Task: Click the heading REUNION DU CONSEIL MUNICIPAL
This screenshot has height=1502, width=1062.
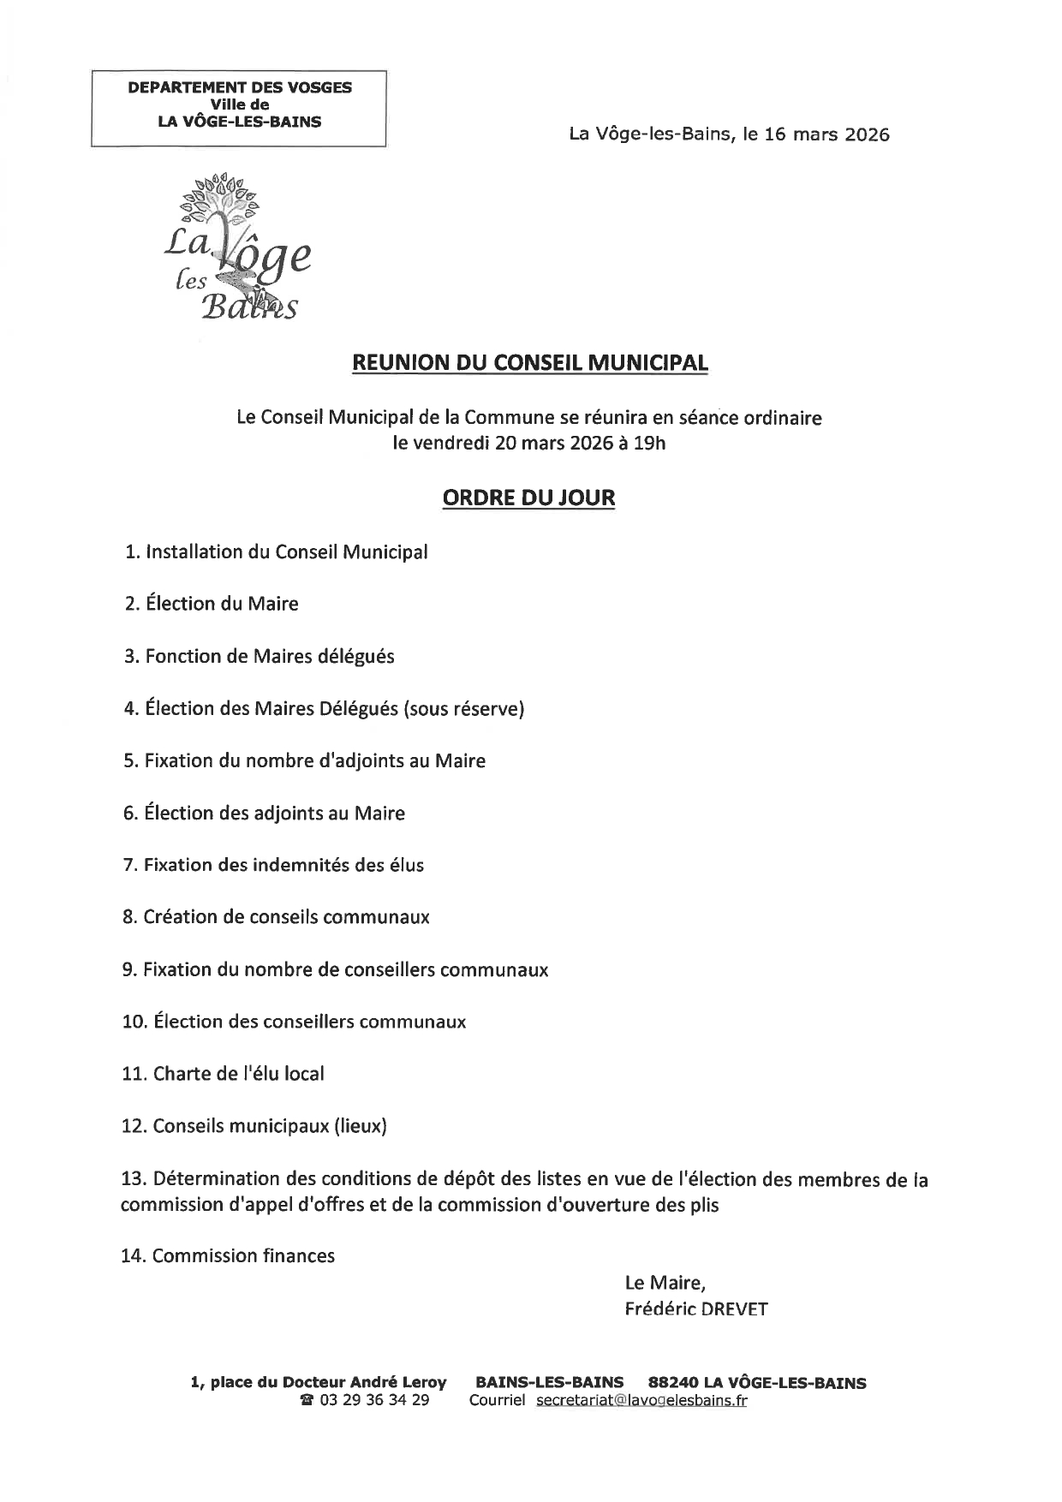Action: tap(530, 363)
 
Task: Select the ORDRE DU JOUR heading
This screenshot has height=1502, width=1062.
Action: tap(528, 498)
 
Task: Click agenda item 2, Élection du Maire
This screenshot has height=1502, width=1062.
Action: tap(212, 604)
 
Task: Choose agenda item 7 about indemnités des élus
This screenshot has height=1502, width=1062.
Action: tap(273, 865)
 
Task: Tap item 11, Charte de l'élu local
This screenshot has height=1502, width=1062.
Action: tap(224, 1074)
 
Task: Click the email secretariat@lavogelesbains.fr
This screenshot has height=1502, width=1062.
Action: tap(641, 1400)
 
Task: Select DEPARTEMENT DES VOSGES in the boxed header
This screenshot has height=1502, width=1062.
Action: tap(239, 87)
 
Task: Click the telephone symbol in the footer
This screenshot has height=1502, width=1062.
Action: tap(307, 1401)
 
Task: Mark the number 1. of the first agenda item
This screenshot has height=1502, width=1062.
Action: tap(132, 552)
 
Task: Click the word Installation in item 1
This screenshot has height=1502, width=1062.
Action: tap(194, 552)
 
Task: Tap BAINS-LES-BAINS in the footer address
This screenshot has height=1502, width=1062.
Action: tap(549, 1382)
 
